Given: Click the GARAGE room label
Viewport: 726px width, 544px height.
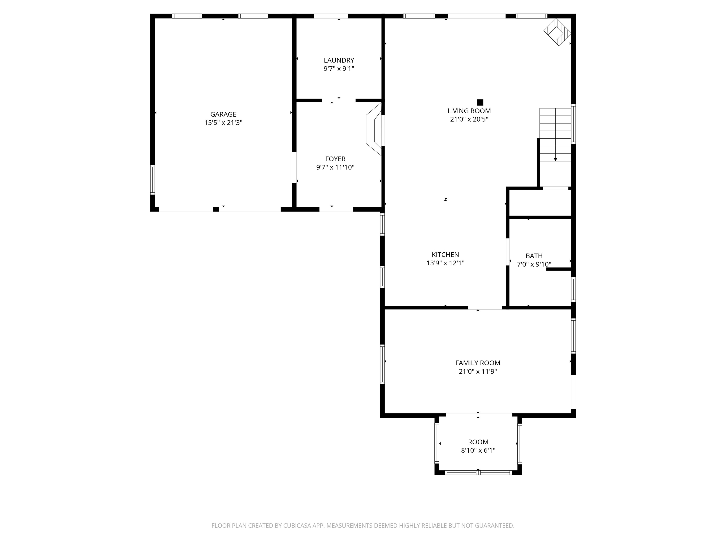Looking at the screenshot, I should (x=223, y=114).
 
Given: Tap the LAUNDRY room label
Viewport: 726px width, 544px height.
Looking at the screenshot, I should (x=339, y=60).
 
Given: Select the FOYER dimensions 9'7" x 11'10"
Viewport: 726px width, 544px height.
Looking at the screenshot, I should (x=335, y=167).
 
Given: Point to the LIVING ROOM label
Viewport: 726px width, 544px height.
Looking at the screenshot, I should (x=469, y=111).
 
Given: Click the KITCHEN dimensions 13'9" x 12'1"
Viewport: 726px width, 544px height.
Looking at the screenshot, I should (x=445, y=263).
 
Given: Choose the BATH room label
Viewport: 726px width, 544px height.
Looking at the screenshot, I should (x=534, y=256).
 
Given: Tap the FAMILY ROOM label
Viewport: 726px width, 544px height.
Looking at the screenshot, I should (x=478, y=363).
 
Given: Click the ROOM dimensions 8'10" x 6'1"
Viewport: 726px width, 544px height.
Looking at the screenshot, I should (x=478, y=450).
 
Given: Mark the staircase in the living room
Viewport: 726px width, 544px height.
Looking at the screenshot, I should (x=555, y=134).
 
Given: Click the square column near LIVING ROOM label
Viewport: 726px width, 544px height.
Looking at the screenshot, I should (x=480, y=102).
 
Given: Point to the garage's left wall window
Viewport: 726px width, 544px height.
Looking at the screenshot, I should (x=152, y=179).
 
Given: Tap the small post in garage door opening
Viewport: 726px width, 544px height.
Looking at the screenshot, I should (x=216, y=209).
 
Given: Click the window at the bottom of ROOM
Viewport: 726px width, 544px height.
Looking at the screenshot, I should (x=478, y=472).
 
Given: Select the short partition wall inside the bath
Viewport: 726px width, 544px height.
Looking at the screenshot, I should (x=559, y=269).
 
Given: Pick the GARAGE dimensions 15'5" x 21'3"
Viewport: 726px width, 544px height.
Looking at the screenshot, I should (x=223, y=123).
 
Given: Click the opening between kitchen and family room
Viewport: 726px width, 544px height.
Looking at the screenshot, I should (x=485, y=308).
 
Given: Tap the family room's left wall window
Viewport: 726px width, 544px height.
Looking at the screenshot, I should (x=382, y=364).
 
